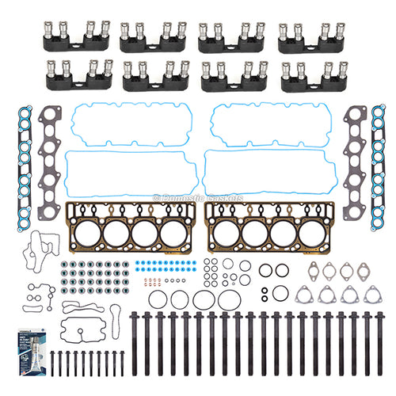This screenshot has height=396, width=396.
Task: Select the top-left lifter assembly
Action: (71, 36)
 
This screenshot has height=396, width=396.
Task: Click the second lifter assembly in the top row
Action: (150, 36)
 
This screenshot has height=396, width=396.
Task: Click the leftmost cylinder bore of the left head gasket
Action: (82, 233)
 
